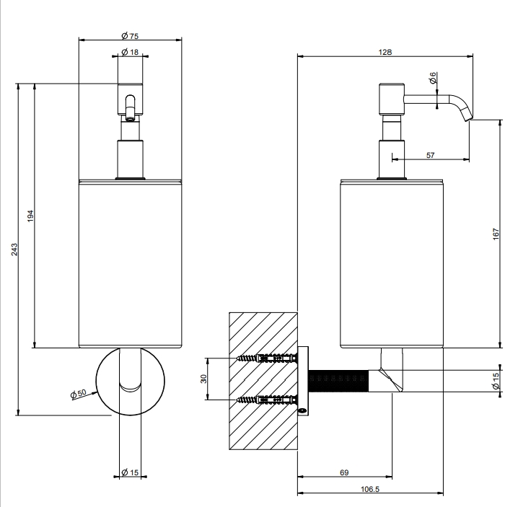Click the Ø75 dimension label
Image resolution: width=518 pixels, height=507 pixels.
pyautogui.click(x=130, y=35)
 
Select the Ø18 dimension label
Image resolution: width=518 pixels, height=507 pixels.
pyautogui.click(x=130, y=52)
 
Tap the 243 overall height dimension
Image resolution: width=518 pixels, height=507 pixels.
pyautogui.click(x=14, y=250)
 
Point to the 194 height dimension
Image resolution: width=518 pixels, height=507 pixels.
pyautogui.click(x=30, y=216)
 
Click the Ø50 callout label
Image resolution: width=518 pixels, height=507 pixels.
pyautogui.click(x=79, y=393)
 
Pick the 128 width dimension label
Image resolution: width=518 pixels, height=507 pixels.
pyautogui.click(x=385, y=52)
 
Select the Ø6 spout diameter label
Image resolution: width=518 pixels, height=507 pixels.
pyautogui.click(x=432, y=78)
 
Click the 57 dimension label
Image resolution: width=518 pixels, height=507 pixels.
pyautogui.click(x=430, y=155)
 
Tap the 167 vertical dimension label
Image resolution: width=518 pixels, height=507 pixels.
pyautogui.click(x=496, y=234)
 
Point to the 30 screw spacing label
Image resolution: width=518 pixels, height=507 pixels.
pyautogui.click(x=203, y=379)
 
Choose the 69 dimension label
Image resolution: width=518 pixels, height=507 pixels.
pyautogui.click(x=344, y=472)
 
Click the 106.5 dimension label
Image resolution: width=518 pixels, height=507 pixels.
pyautogui.click(x=370, y=489)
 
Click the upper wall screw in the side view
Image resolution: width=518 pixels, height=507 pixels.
pyautogui.click(x=267, y=358)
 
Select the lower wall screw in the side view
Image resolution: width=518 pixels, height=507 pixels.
pyautogui.click(x=267, y=400)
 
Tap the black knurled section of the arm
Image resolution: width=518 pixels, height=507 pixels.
pyautogui.click(x=338, y=382)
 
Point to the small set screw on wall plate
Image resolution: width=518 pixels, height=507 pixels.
pyautogui.click(x=302, y=410)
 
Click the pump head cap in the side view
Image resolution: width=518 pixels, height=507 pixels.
pyautogui.click(x=392, y=99)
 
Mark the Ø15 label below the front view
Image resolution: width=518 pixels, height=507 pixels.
pyautogui.click(x=130, y=472)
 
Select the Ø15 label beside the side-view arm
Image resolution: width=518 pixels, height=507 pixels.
pyautogui.click(x=496, y=382)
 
